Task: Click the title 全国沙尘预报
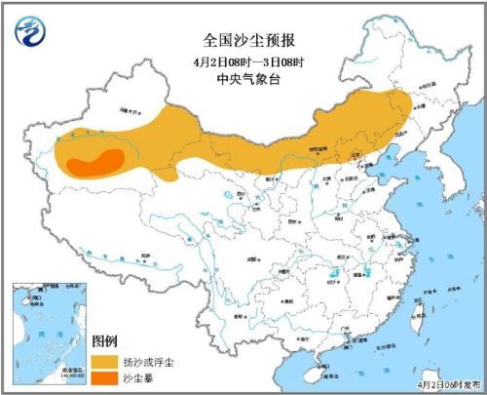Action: (x=243, y=40)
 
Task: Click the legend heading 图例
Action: (x=105, y=341)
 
